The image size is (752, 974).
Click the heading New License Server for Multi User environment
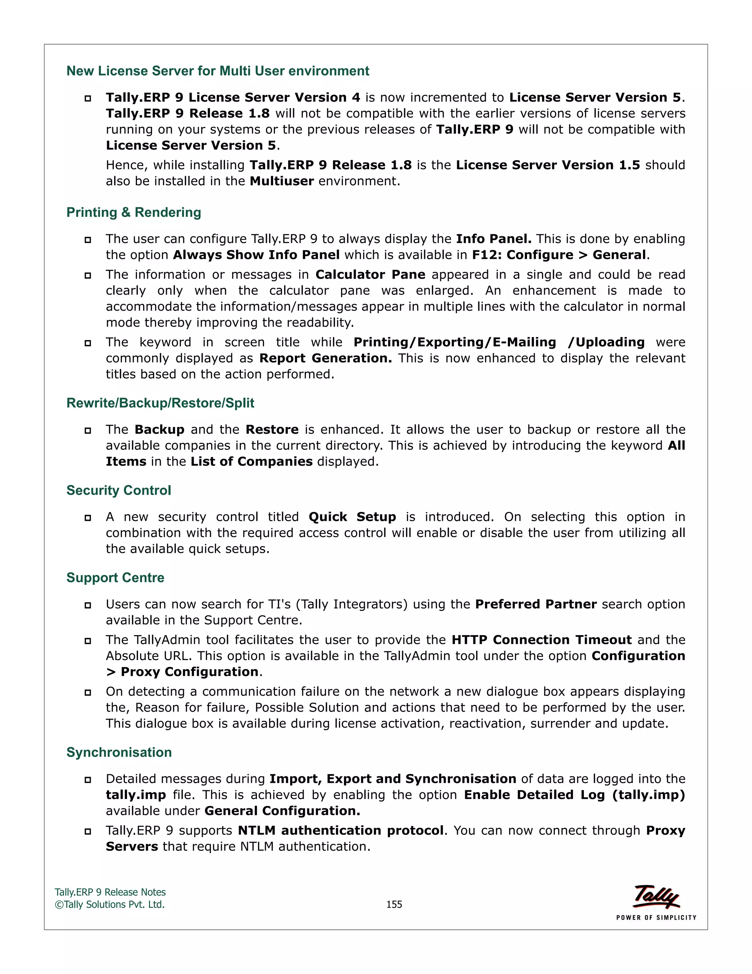pos(217,71)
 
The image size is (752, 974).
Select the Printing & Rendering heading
pos(134,212)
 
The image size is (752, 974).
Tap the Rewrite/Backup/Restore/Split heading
pos(160,403)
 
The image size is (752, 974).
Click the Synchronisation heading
pos(119,752)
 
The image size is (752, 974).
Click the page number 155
pos(394,905)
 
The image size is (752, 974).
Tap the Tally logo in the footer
pos(657,896)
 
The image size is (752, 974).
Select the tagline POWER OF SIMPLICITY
pos(656,917)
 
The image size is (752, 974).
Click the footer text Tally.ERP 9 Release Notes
pos(110,892)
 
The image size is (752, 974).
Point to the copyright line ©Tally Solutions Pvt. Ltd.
pos(109,905)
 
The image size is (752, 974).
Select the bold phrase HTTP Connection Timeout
pos(541,640)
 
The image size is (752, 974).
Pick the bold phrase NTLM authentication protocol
pos(341,830)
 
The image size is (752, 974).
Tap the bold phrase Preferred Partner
pos(535,604)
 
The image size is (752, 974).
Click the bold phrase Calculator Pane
pos(370,275)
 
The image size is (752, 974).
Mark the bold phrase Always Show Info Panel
pos(256,255)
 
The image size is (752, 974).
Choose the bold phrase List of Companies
pos(251,462)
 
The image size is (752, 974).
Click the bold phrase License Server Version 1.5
pos(547,165)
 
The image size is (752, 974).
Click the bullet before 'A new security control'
pos(88,518)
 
